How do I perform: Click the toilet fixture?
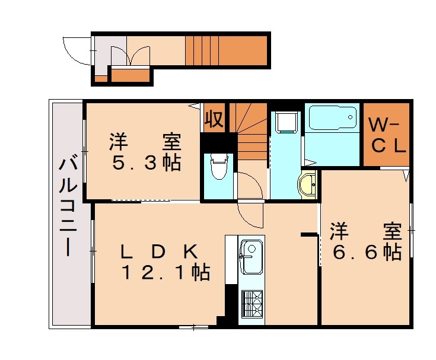218,165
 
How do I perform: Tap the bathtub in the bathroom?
332,122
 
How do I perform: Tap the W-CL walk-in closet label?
386,135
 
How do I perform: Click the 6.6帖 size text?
366,252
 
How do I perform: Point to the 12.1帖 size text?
166,273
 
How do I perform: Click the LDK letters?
158,251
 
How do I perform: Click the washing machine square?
287,122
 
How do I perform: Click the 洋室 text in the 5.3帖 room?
145,142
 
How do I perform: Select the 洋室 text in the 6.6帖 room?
366,231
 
